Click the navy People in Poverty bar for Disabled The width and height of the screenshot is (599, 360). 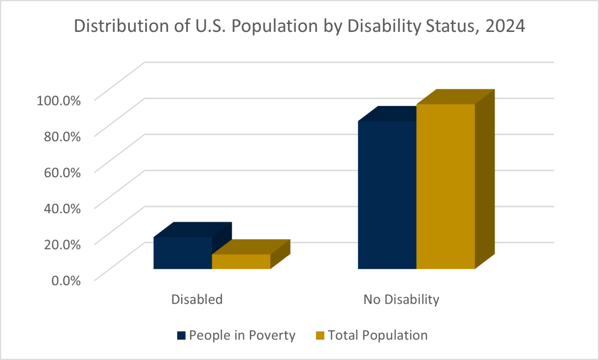[x=183, y=253]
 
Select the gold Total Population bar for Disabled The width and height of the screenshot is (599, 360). [x=241, y=262]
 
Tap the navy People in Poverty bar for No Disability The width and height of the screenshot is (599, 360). [x=387, y=195]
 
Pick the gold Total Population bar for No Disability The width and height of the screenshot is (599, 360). [x=445, y=186]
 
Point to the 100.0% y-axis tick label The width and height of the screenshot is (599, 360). [x=59, y=100]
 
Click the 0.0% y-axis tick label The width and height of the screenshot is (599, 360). [x=65, y=280]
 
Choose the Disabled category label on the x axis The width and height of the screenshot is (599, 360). [x=197, y=300]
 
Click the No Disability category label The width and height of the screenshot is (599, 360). [x=401, y=300]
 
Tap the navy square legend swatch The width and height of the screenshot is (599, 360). [x=181, y=336]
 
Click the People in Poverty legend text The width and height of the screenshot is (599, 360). [x=242, y=335]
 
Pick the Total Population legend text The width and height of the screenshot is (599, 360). [x=378, y=335]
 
